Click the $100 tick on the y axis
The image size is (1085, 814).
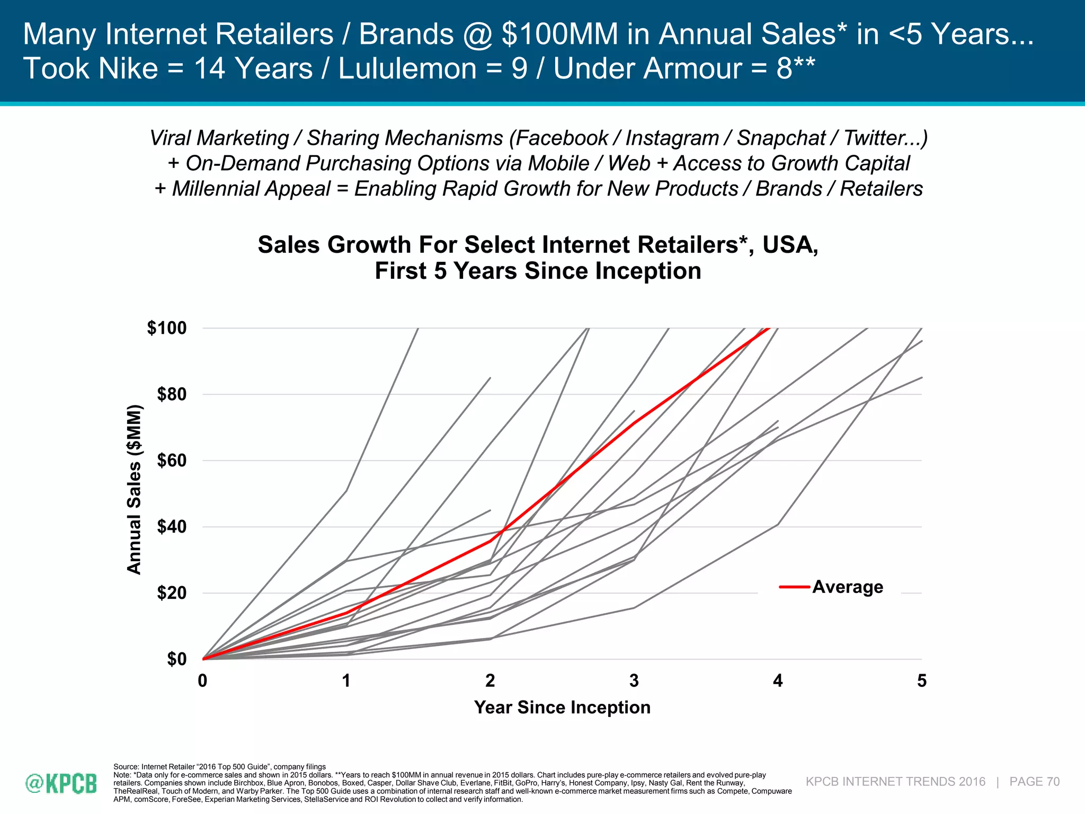[x=167, y=328]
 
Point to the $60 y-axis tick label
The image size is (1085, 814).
[x=172, y=461]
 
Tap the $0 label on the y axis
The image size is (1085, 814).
[x=177, y=659]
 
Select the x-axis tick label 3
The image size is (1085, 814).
[x=634, y=680]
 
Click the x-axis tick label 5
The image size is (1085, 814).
[x=922, y=680]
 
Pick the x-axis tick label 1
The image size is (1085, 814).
[x=346, y=680]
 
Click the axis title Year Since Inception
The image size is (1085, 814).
[x=562, y=707]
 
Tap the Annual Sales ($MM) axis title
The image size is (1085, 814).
[x=135, y=489]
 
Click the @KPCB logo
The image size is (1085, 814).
[x=61, y=783]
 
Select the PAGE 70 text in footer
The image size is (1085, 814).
[x=1034, y=782]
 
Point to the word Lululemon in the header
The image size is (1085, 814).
[x=407, y=69]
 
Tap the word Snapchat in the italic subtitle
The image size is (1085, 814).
[x=781, y=138]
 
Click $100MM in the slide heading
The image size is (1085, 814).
[x=559, y=34]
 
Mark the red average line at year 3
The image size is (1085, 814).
[x=634, y=423]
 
